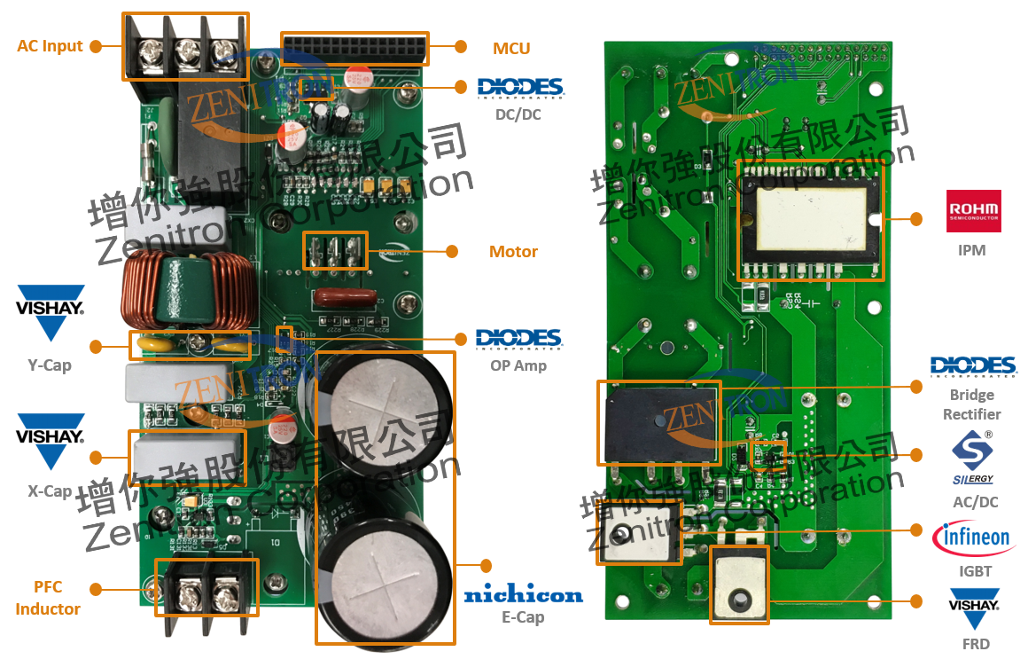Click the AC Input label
tap(50, 46)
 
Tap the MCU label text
tap(511, 48)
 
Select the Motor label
tap(513, 252)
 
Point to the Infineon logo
tap(972, 538)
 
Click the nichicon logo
tap(523, 594)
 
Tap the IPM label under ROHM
tap(971, 250)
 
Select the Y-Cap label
tap(50, 365)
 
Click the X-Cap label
tap(50, 491)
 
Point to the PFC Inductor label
tap(48, 598)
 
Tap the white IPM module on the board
tap(811, 218)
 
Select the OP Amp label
tap(518, 365)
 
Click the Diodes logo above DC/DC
tap(520, 87)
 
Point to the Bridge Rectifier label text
tap(971, 404)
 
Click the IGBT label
tap(972, 571)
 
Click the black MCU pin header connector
tap(354, 49)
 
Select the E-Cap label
tap(523, 617)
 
